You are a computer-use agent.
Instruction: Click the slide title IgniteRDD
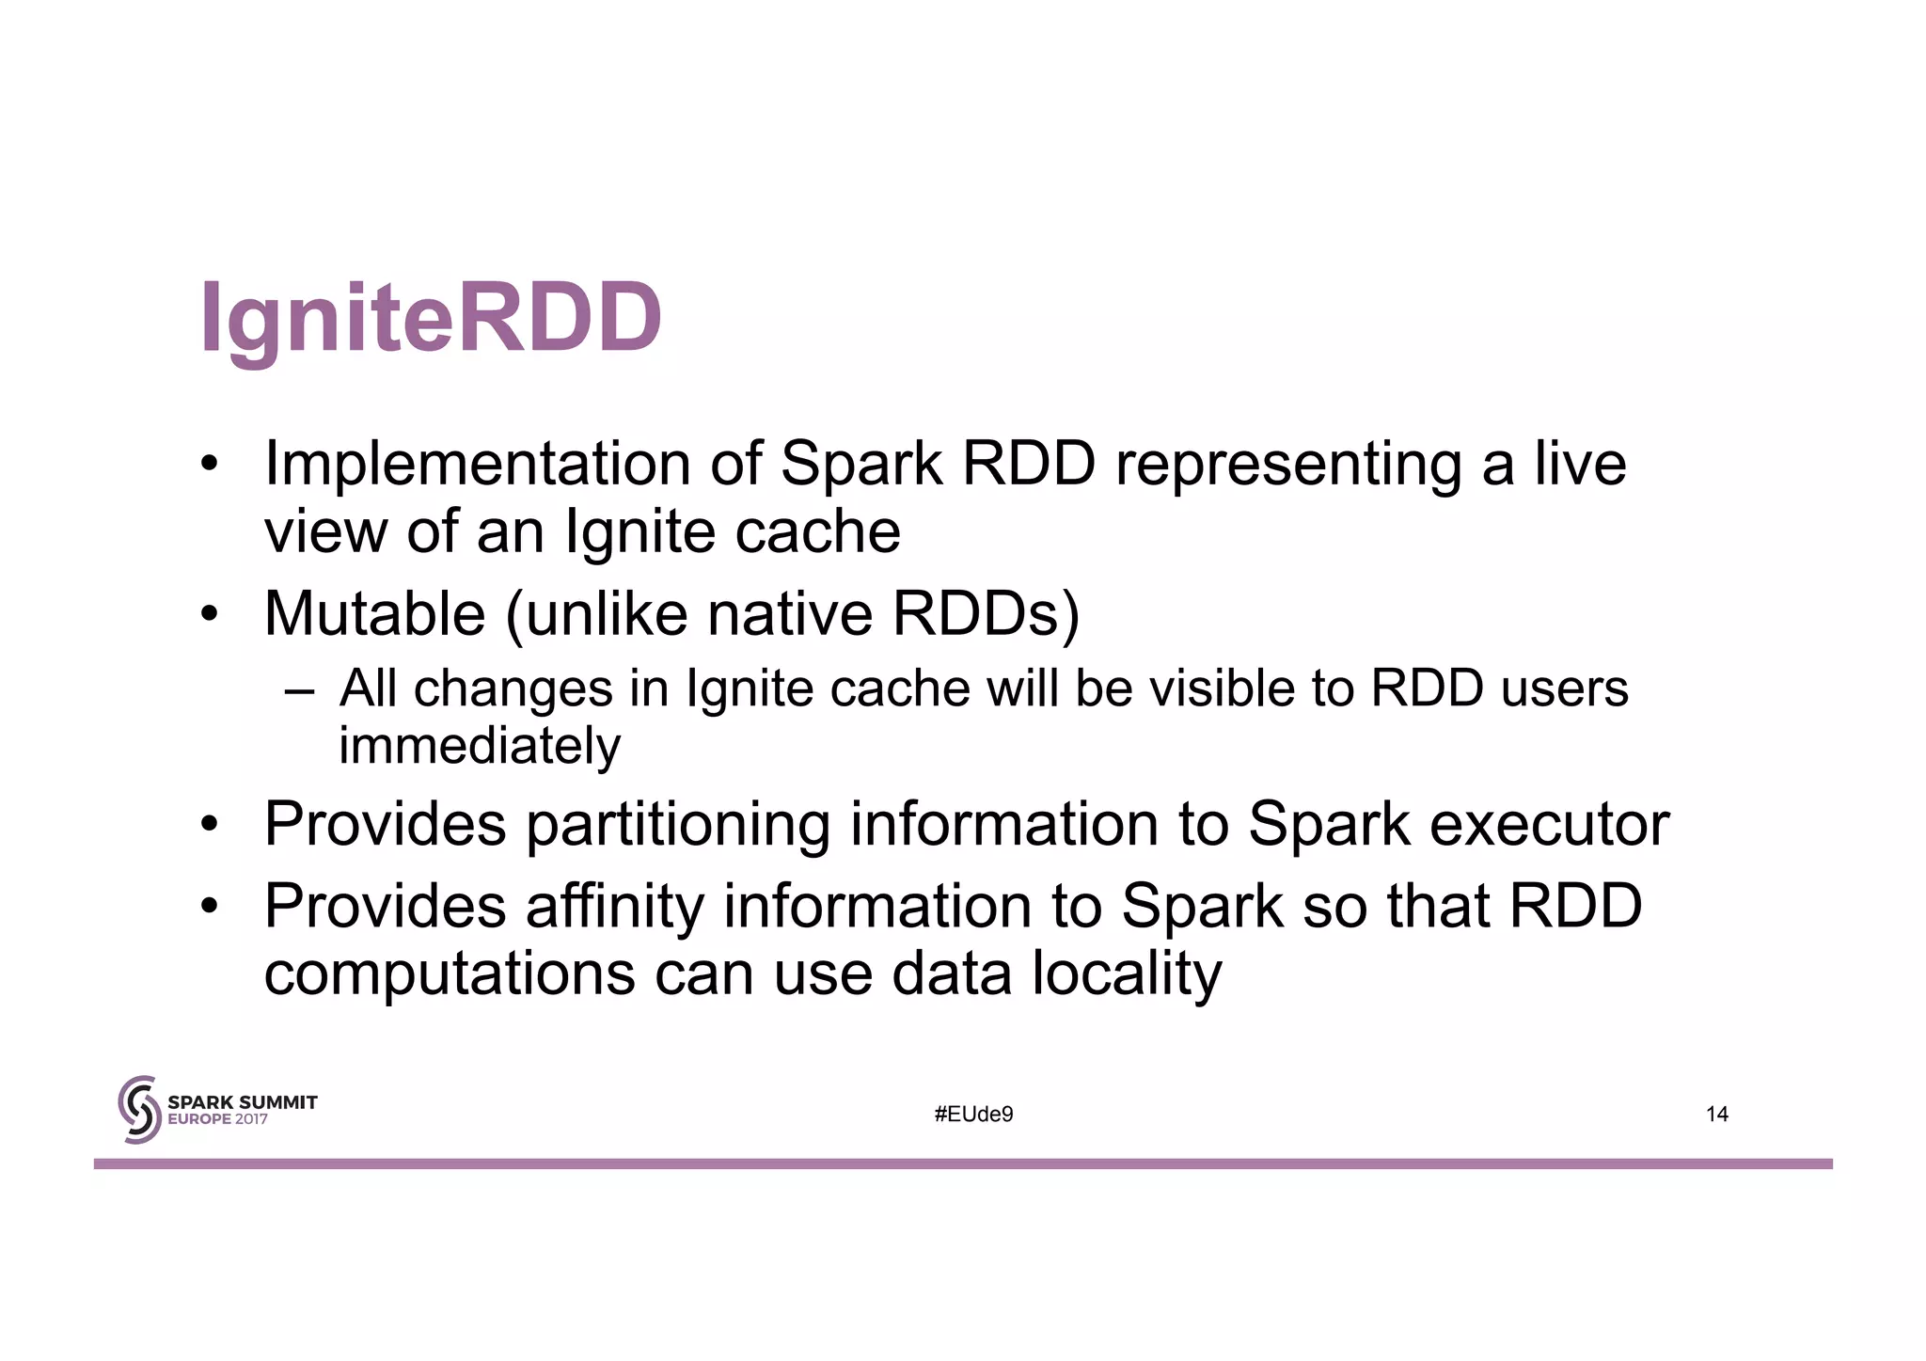[432, 318]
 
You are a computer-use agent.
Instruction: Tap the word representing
[1288, 464]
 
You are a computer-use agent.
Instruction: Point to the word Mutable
[374, 614]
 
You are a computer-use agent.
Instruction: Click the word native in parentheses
[790, 614]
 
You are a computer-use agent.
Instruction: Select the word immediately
[480, 746]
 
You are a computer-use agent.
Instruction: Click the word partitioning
[677, 825]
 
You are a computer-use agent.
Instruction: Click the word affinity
[614, 907]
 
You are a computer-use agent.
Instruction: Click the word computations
[450, 973]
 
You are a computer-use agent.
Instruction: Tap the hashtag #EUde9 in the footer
[973, 1115]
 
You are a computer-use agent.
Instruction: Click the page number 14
[1716, 1115]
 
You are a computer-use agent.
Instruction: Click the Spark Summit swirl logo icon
[139, 1110]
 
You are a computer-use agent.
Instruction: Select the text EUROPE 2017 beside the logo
[217, 1119]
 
